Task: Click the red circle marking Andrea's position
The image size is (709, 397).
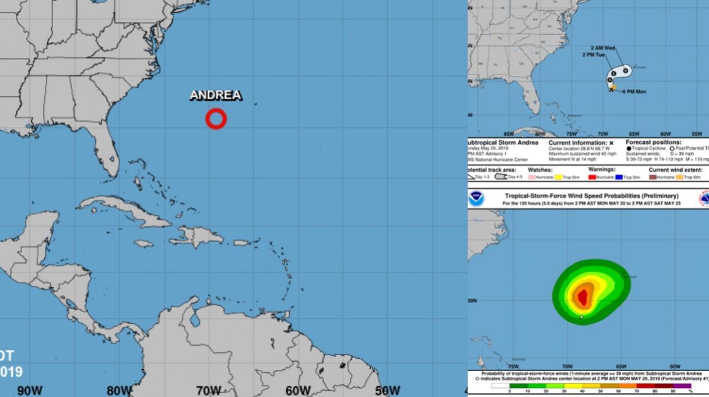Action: (216, 119)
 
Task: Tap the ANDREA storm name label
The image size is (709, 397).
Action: (216, 95)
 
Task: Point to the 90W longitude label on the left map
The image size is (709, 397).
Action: (29, 390)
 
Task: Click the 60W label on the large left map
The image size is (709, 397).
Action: (298, 390)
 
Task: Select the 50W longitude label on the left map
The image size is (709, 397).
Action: (387, 390)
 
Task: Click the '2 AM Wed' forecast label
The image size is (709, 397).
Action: (603, 48)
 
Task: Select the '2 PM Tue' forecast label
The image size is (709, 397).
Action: (594, 55)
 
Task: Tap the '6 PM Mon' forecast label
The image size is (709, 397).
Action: (634, 91)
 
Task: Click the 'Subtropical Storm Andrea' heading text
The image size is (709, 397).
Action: (503, 142)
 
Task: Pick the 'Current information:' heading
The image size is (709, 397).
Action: (581, 142)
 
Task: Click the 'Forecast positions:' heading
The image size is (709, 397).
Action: (653, 142)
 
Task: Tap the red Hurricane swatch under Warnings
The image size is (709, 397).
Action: (592, 177)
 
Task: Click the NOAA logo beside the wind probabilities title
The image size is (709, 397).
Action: (477, 198)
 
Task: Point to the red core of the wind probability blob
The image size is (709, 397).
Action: (582, 297)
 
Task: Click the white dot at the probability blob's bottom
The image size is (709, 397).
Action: (582, 317)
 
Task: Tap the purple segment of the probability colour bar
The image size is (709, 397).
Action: (682, 386)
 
